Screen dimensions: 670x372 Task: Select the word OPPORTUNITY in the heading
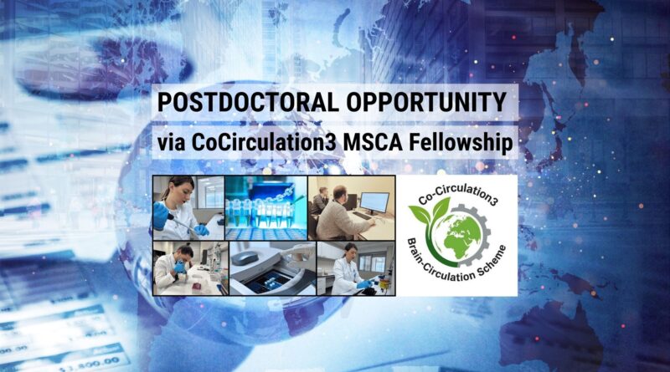[426, 102]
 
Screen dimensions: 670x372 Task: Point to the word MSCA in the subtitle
[373, 142]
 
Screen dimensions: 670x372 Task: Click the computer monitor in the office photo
[374, 202]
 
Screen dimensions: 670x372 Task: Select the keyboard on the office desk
[363, 216]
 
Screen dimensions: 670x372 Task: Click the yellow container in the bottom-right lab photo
[384, 283]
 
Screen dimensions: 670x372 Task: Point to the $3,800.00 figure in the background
[89, 363]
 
